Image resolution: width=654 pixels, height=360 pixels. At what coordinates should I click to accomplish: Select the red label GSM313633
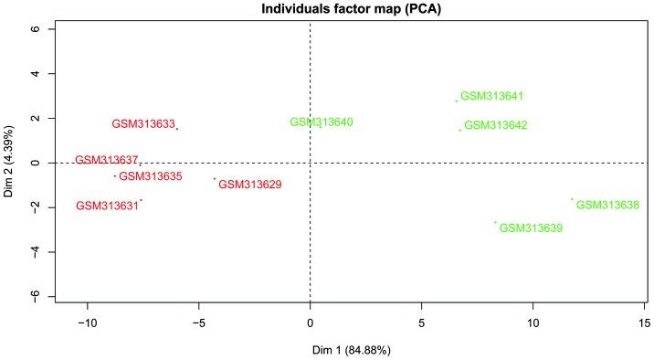pyautogui.click(x=143, y=124)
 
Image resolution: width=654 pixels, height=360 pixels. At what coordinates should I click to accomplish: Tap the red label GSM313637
pyautogui.click(x=106, y=160)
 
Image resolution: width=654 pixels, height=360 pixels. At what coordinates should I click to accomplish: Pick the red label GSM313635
pyautogui.click(x=151, y=176)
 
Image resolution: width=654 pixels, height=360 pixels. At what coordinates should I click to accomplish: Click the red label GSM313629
pyautogui.click(x=250, y=185)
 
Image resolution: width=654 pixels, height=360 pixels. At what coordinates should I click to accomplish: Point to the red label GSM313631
pyautogui.click(x=107, y=206)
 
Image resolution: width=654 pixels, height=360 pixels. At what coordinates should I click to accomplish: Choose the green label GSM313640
pyautogui.click(x=322, y=122)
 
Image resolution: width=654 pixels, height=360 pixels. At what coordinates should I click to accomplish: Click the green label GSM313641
pyautogui.click(x=491, y=96)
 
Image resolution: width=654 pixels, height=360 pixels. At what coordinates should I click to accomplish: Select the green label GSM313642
pyautogui.click(x=496, y=126)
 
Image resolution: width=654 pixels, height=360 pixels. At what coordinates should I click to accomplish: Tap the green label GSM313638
pyautogui.click(x=607, y=206)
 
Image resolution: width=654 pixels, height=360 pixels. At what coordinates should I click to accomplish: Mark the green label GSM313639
pyautogui.click(x=531, y=228)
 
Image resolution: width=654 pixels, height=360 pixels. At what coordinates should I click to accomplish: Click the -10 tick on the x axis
pyautogui.click(x=88, y=323)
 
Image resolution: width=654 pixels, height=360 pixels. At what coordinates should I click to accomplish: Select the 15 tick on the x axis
pyautogui.click(x=645, y=323)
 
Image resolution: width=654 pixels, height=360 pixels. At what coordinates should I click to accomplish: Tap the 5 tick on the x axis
pyautogui.click(x=421, y=323)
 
